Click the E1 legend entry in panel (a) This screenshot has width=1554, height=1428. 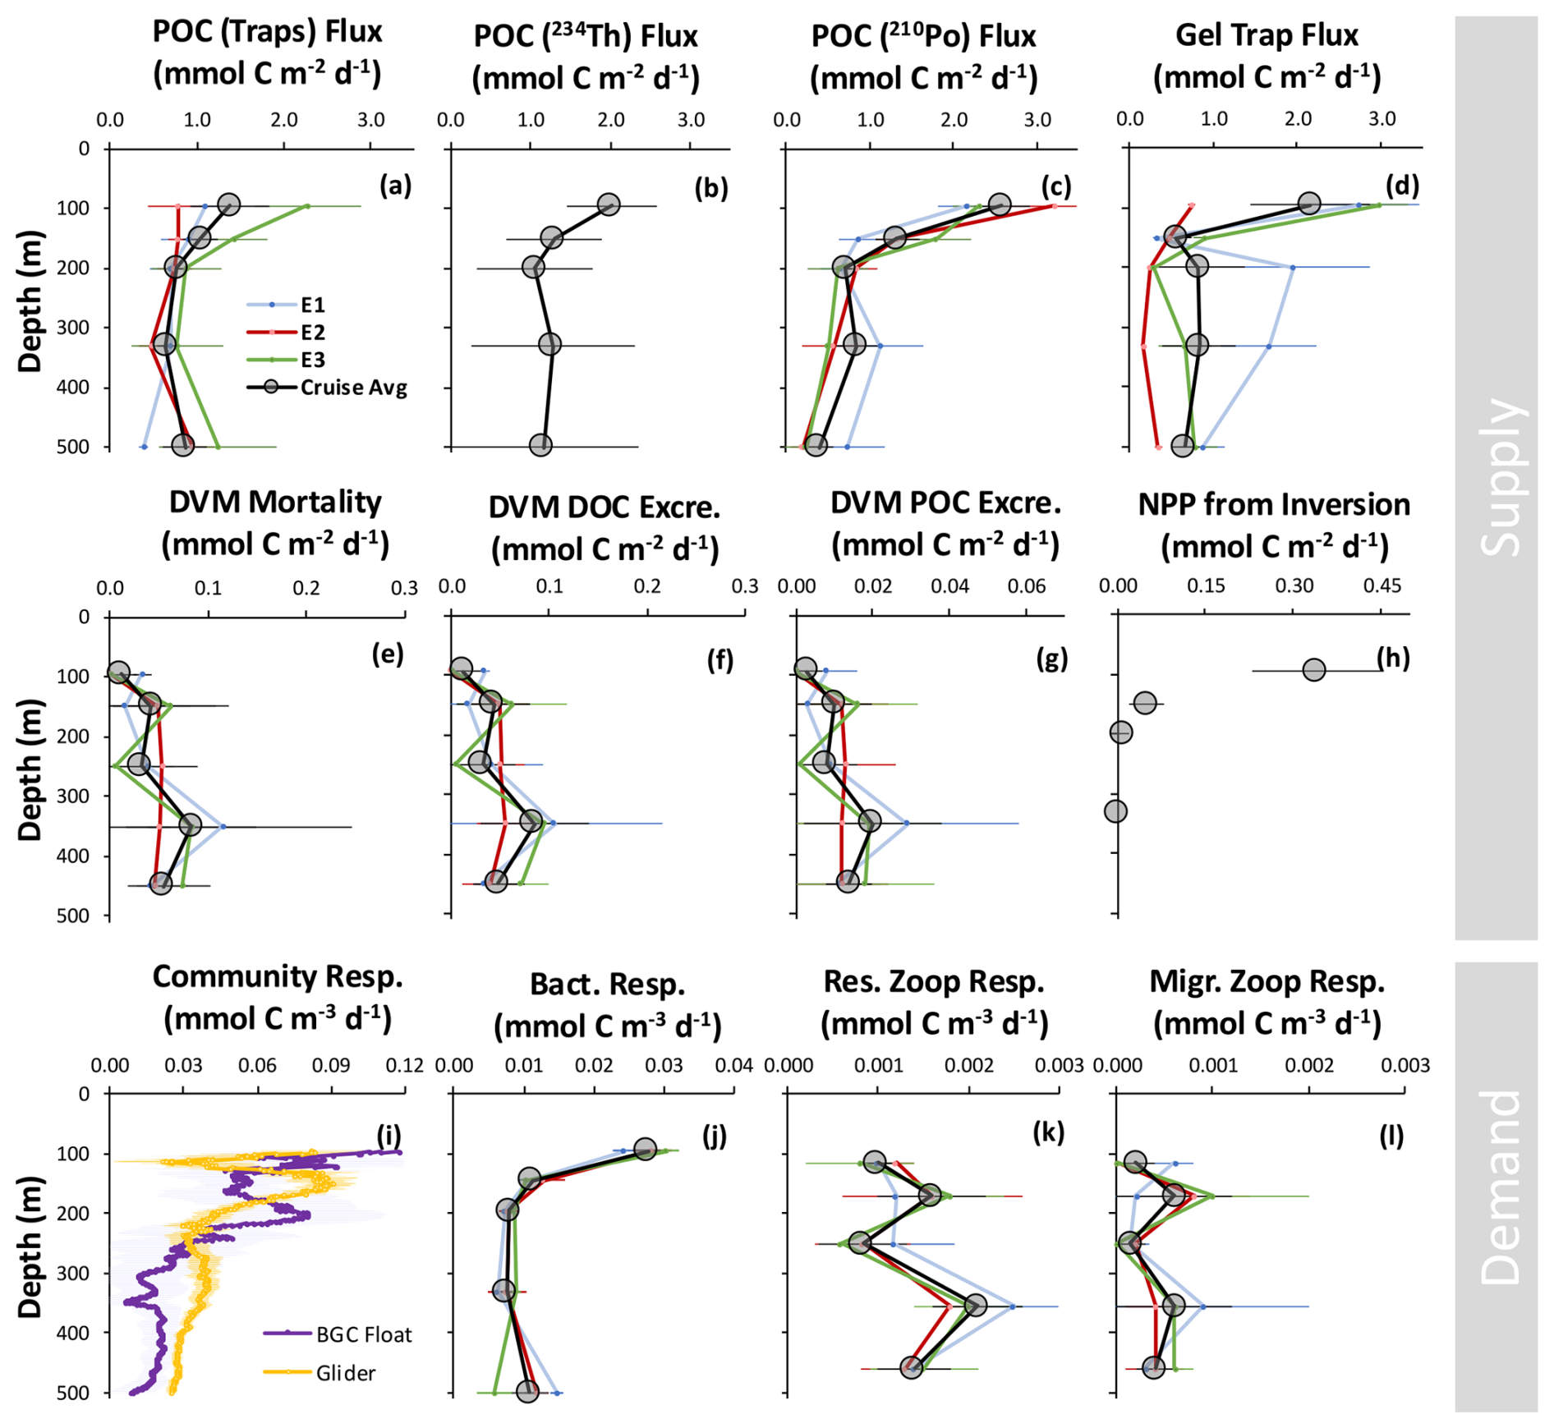[312, 305]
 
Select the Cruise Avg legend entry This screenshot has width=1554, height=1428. [353, 388]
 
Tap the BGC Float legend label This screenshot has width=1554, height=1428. [363, 1334]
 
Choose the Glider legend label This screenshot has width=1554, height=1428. [345, 1373]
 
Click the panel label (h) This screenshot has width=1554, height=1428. [1393, 658]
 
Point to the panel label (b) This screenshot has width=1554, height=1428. [711, 188]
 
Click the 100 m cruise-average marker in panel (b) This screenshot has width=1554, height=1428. [608, 204]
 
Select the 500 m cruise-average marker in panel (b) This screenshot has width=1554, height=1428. [540, 445]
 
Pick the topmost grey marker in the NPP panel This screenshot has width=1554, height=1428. [1314, 670]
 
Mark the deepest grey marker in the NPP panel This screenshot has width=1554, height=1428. [1115, 811]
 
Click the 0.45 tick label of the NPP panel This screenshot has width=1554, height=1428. [1382, 586]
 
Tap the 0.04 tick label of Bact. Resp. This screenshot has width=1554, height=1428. [733, 1066]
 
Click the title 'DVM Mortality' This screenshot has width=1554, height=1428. [275, 503]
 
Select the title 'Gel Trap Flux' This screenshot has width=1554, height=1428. [1267, 35]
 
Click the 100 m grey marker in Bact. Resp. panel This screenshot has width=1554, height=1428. [645, 1150]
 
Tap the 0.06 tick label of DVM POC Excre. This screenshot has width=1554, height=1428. [1027, 586]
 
